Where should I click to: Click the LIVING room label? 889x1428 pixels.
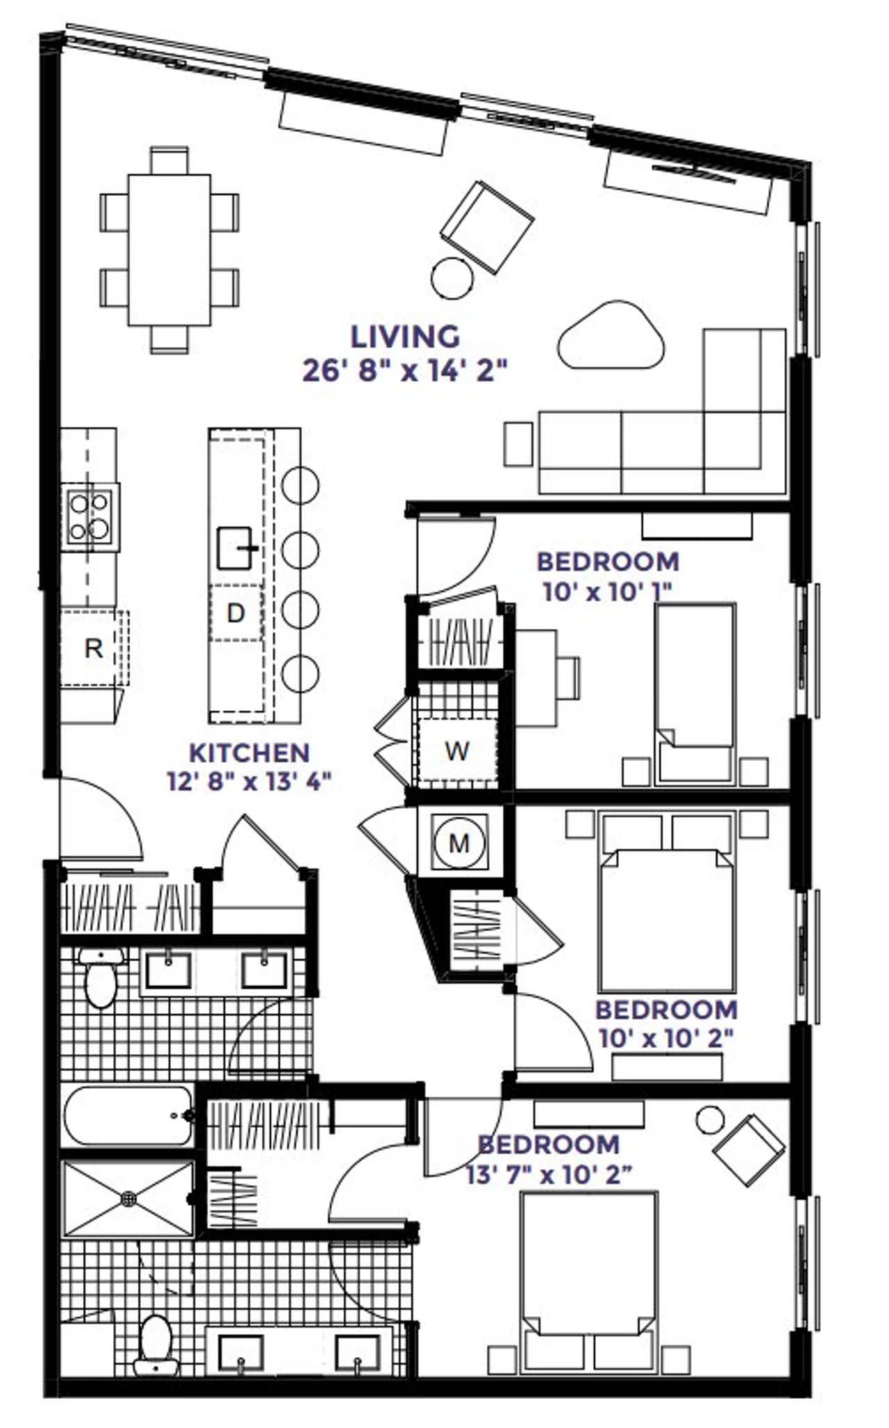click(405, 337)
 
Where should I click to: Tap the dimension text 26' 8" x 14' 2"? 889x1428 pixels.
click(405, 370)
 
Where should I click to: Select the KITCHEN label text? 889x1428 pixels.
click(249, 753)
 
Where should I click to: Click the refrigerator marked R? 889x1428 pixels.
click(93, 648)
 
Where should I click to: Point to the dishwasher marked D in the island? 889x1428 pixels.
click(236, 613)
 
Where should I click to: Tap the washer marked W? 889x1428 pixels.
click(456, 750)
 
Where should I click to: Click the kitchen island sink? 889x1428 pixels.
click(235, 548)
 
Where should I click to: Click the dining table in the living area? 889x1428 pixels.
click(169, 250)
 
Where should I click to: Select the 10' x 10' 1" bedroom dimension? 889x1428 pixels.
click(608, 593)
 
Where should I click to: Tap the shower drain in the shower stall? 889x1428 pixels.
click(129, 1198)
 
